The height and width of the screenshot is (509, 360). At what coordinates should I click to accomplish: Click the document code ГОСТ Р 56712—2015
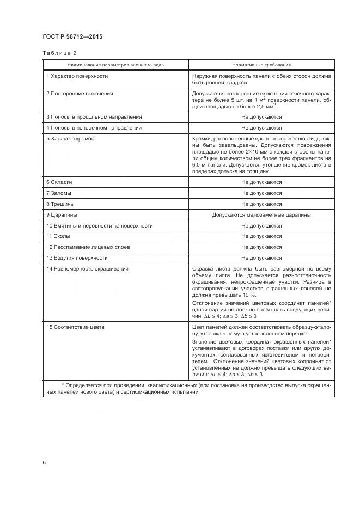(72, 37)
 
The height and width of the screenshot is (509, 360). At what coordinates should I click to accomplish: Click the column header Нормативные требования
(261, 65)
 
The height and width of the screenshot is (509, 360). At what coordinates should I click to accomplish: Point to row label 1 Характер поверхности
(77, 76)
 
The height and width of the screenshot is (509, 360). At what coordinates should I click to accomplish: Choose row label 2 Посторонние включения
(80, 94)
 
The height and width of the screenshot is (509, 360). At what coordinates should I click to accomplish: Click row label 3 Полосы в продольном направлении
(94, 117)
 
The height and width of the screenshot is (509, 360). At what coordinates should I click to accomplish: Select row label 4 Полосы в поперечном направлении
(94, 127)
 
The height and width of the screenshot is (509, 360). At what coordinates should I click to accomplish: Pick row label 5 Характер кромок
(70, 139)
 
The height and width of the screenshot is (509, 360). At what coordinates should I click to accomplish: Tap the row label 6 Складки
(59, 182)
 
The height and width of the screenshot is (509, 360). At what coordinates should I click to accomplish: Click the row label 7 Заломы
(59, 193)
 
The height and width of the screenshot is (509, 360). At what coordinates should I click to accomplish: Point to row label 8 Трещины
(60, 204)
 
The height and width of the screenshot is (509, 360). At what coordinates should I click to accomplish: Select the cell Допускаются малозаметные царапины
(261, 215)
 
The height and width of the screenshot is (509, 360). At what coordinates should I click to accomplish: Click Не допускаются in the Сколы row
(261, 236)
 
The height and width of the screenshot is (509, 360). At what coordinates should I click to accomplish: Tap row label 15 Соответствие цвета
(76, 327)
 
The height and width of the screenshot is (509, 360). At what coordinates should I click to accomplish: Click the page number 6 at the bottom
(44, 462)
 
